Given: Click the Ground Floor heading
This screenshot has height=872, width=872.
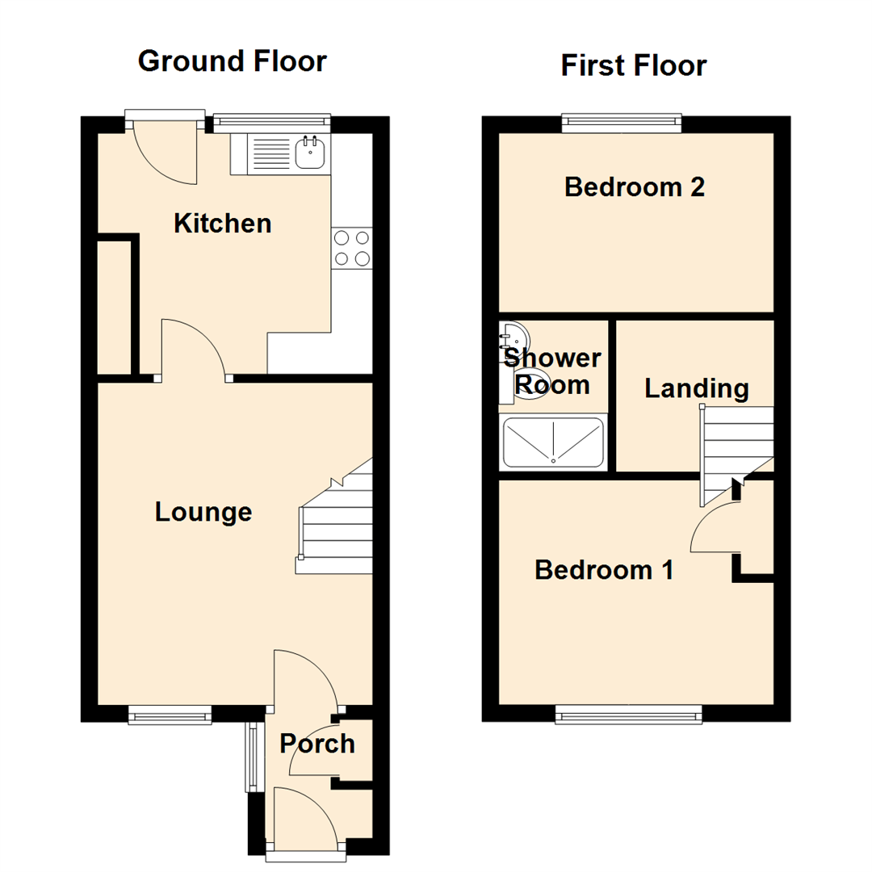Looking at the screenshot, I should tap(233, 61).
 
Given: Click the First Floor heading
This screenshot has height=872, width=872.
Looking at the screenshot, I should tap(634, 66).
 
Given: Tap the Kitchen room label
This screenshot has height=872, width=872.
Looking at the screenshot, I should tap(223, 223).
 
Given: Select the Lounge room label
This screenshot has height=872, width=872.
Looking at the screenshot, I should tap(203, 512).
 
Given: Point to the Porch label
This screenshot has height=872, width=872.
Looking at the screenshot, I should tap(317, 744).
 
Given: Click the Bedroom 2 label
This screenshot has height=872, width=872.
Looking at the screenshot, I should tap(635, 187).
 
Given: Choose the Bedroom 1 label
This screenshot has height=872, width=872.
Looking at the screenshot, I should tap(604, 570).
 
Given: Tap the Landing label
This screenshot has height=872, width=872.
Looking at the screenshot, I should tap(696, 389).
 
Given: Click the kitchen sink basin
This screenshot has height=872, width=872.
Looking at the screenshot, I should tap(311, 152).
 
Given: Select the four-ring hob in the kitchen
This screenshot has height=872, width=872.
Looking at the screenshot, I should tap(352, 248).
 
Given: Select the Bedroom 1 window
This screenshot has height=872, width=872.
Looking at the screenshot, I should tap(628, 713).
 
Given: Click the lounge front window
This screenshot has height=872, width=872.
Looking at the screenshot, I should tap(170, 713).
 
